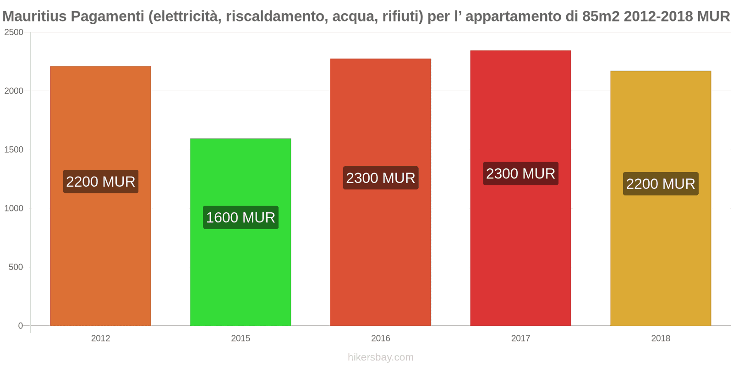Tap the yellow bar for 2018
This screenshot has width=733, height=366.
pos(660,256)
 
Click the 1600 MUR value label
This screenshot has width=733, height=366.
pos(241,217)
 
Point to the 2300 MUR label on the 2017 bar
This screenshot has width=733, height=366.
pos(520,174)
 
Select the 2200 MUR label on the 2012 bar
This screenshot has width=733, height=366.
pos(100,182)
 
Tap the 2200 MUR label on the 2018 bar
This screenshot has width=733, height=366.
pos(660,184)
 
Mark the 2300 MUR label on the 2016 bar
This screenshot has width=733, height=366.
pos(380,178)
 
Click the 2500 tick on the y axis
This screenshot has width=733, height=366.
pos(14,32)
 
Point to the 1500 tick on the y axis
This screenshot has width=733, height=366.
pos(14,150)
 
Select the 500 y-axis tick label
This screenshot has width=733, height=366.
pos(16,267)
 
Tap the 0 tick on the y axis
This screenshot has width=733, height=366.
pos(20,326)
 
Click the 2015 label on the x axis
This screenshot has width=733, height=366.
pos(241,339)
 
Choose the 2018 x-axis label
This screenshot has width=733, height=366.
pos(660,339)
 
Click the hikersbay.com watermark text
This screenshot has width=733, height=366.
pos(380,357)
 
